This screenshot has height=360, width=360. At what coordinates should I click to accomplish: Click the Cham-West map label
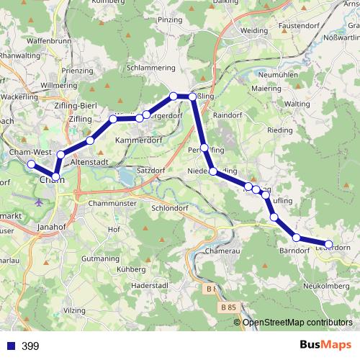30,153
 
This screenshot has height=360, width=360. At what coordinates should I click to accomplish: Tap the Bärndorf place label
293,251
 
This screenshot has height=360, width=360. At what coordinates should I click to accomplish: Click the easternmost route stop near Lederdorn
329,245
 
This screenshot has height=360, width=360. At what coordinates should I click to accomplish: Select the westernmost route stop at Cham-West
31,164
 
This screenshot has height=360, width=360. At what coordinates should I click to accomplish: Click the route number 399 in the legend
30,346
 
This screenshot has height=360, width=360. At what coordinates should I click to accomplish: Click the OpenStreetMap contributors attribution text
297,323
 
